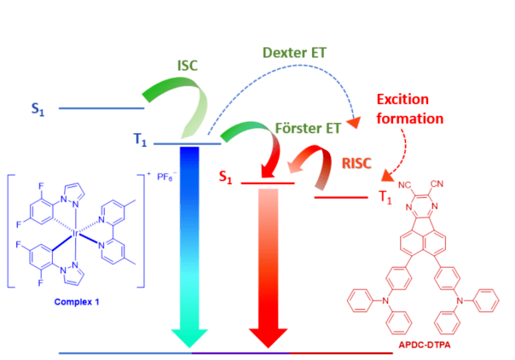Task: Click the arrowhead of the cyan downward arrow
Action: pyautogui.click(x=190, y=340)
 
